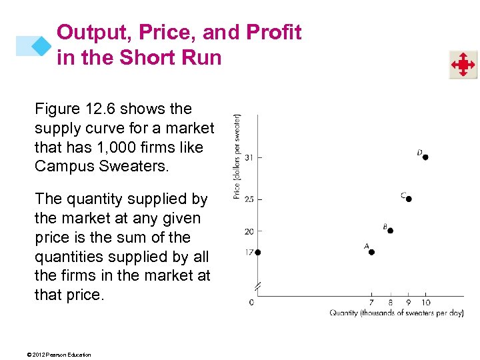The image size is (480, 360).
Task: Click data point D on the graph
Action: click(425, 157)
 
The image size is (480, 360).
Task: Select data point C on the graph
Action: click(409, 199)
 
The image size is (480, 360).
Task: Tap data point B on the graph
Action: click(391, 231)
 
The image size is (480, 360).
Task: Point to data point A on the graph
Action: click(371, 252)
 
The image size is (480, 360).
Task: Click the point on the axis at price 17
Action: click(257, 252)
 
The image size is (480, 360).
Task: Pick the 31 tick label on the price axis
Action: click(249, 157)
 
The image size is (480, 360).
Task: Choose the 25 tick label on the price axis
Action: click(249, 199)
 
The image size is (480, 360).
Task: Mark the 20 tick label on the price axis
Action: click(249, 231)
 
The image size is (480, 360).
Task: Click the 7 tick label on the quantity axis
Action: click(371, 303)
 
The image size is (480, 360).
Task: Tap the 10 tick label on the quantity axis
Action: click(426, 303)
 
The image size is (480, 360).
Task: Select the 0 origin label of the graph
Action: click(251, 303)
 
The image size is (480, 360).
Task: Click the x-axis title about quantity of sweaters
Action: click(397, 313)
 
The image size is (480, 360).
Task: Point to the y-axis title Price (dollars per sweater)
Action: click(237, 156)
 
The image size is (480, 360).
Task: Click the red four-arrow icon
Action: click(463, 65)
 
